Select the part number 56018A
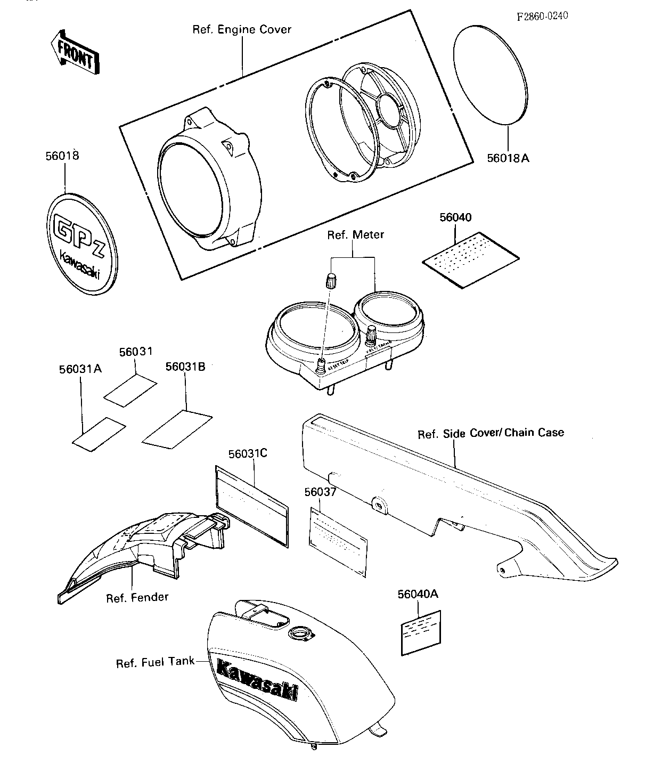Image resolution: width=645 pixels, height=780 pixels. tap(508, 158)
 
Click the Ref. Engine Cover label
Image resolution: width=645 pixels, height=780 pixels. tap(242, 29)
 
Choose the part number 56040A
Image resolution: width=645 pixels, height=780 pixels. tap(418, 594)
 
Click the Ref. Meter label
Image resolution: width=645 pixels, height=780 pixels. tap(355, 234)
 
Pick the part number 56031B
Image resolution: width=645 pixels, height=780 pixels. tap(185, 367)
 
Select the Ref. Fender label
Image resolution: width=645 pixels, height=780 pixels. tap(137, 597)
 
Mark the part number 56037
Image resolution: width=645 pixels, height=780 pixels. tap(320, 492)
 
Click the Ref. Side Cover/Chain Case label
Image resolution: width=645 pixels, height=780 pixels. tap(491, 433)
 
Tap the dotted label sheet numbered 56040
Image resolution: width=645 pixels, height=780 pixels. tap(471, 259)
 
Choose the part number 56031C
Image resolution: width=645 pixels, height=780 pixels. tap(248, 453)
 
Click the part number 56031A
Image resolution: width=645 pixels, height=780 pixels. tap(80, 369)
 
